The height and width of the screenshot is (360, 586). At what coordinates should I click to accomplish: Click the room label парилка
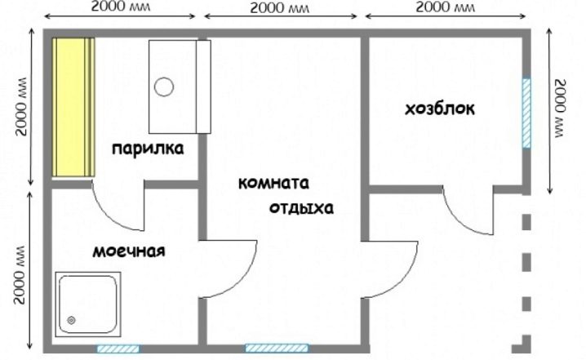point(148,149)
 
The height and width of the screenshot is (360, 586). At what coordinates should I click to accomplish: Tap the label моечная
point(129,251)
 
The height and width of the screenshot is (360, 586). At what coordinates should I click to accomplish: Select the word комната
point(273,183)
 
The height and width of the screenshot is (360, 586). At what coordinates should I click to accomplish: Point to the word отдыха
point(301,208)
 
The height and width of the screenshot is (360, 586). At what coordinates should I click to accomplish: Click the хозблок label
point(440,109)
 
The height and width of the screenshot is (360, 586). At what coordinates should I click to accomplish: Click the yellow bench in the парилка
point(73,107)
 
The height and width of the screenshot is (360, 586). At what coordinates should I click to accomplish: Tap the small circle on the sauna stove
point(164,87)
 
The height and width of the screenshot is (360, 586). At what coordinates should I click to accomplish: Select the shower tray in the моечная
point(88,304)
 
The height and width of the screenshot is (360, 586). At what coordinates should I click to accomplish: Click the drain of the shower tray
point(71,320)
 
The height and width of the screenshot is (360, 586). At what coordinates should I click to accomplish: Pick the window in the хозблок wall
point(526,113)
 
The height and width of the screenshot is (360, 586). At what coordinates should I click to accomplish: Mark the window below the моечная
point(118,349)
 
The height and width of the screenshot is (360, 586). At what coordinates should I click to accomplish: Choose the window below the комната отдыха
point(277,349)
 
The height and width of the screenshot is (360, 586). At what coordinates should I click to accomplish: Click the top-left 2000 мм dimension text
point(120,7)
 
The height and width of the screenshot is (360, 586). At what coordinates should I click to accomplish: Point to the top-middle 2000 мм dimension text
point(280,7)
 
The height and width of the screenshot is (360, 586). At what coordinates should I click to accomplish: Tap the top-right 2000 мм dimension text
point(445,7)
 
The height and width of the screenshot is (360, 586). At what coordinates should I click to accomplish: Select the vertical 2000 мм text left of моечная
point(19,274)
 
